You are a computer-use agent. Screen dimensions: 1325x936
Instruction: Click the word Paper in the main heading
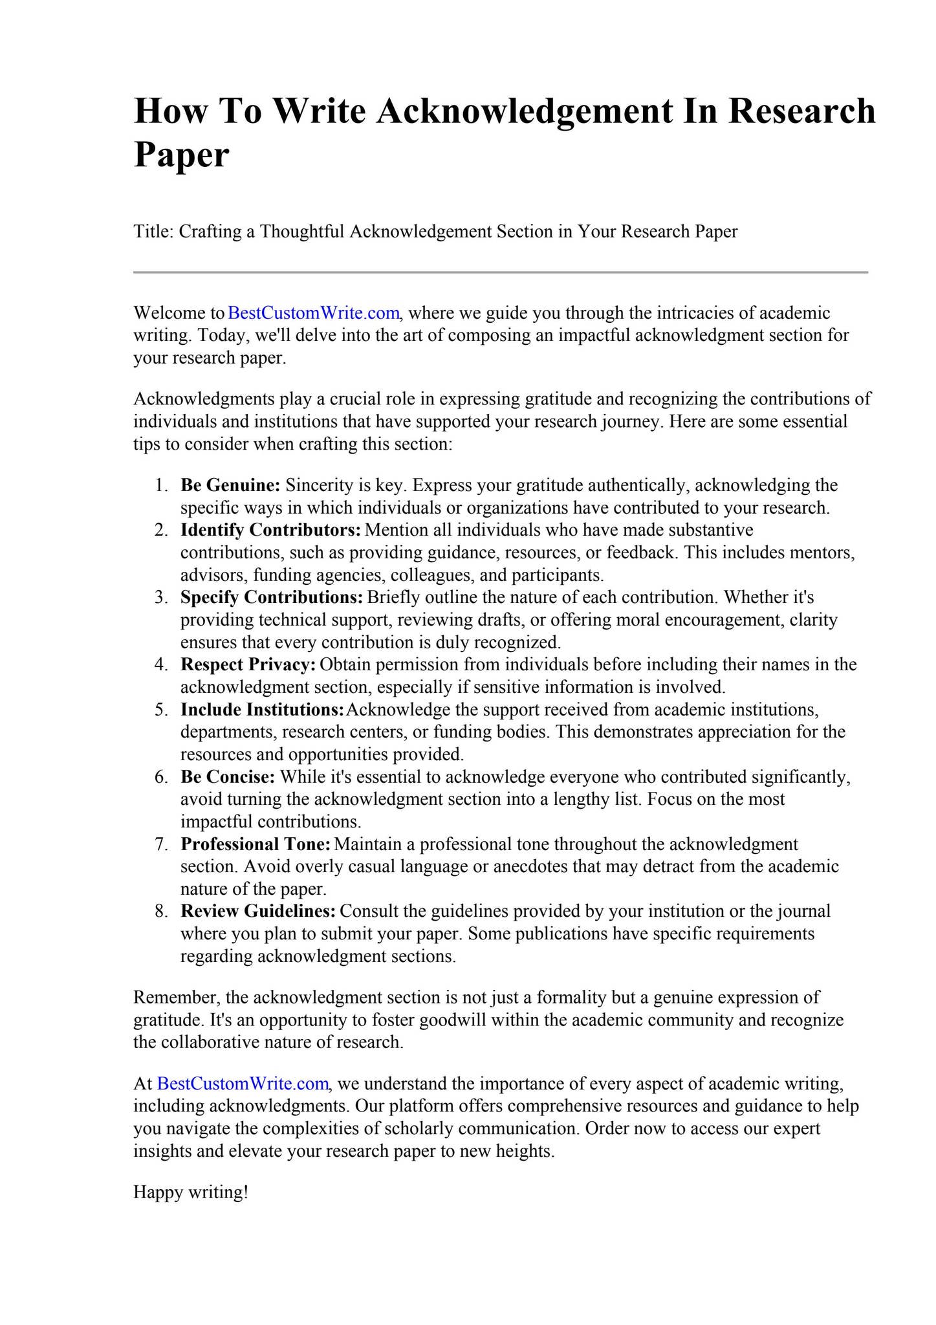tap(181, 155)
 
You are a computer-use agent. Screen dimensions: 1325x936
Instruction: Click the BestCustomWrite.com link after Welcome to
tap(314, 313)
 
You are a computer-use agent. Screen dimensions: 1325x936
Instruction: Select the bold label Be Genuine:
tap(230, 485)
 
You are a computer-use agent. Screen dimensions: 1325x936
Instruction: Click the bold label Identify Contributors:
tap(270, 530)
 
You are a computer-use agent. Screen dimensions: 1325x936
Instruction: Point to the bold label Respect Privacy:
tap(248, 664)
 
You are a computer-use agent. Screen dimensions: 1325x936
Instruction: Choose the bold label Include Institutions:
tap(262, 710)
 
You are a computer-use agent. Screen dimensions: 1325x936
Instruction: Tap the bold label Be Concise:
tap(228, 776)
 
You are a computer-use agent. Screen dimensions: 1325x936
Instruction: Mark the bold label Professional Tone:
tap(256, 844)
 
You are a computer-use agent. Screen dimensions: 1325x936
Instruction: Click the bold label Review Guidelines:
tap(258, 912)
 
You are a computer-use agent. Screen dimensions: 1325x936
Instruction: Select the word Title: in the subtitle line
tap(153, 232)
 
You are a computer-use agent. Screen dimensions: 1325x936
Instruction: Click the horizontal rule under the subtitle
tap(500, 272)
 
